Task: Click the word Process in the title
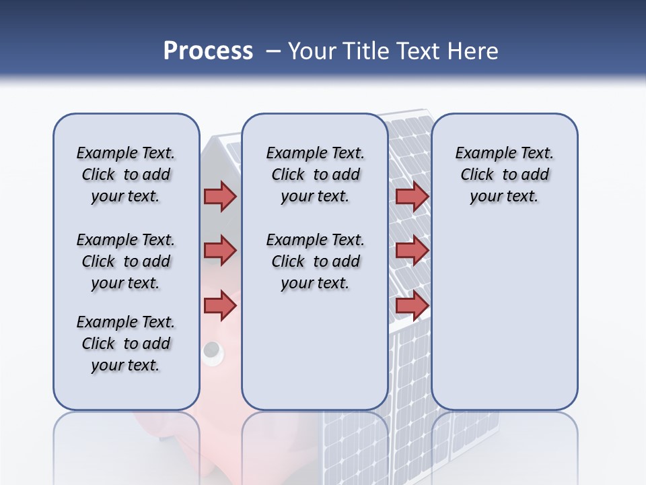[208, 51]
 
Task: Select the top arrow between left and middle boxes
[220, 196]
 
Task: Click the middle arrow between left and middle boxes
[220, 251]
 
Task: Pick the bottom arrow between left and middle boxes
[220, 306]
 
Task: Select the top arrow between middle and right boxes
[412, 196]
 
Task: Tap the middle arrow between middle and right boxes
[412, 251]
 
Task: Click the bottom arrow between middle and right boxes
[412, 306]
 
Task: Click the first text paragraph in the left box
[126, 174]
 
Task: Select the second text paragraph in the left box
[126, 261]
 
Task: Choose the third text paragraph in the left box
[126, 344]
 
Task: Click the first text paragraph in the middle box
[315, 174]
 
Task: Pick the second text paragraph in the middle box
[315, 261]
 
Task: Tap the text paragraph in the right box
[504, 174]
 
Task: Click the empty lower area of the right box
[504, 323]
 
